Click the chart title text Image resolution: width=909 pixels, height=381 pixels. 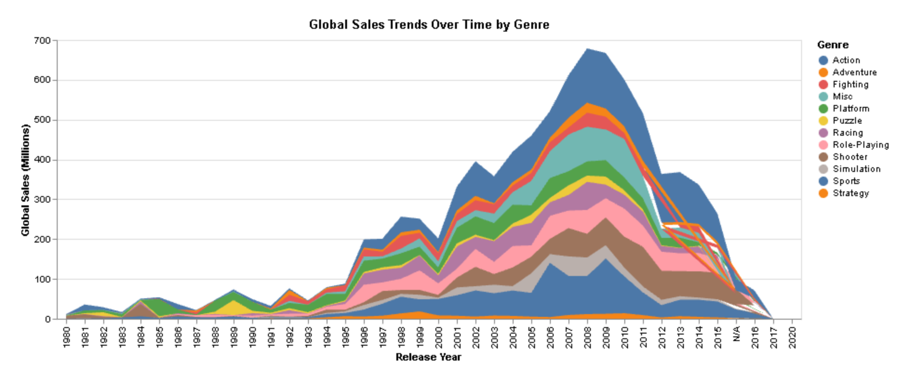(x=429, y=25)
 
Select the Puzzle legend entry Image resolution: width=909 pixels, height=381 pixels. (x=847, y=121)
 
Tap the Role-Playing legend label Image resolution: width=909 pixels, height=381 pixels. (x=860, y=145)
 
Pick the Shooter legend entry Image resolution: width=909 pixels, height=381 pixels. (x=849, y=157)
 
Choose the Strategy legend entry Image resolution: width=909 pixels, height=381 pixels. (x=850, y=193)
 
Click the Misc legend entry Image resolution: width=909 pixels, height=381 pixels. (x=842, y=97)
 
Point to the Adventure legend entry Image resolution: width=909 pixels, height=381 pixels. (x=854, y=72)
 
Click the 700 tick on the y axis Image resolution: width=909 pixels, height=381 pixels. (x=42, y=41)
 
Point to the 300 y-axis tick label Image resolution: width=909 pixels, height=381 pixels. (x=42, y=199)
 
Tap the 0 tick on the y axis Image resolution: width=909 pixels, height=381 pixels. (x=48, y=319)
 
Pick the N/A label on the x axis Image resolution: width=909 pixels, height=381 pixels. (x=736, y=334)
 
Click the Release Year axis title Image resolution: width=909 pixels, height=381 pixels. (x=428, y=357)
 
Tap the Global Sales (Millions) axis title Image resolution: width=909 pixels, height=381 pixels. (x=25, y=180)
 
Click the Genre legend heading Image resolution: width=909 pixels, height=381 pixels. (x=833, y=45)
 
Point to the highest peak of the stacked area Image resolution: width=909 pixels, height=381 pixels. (x=587, y=49)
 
